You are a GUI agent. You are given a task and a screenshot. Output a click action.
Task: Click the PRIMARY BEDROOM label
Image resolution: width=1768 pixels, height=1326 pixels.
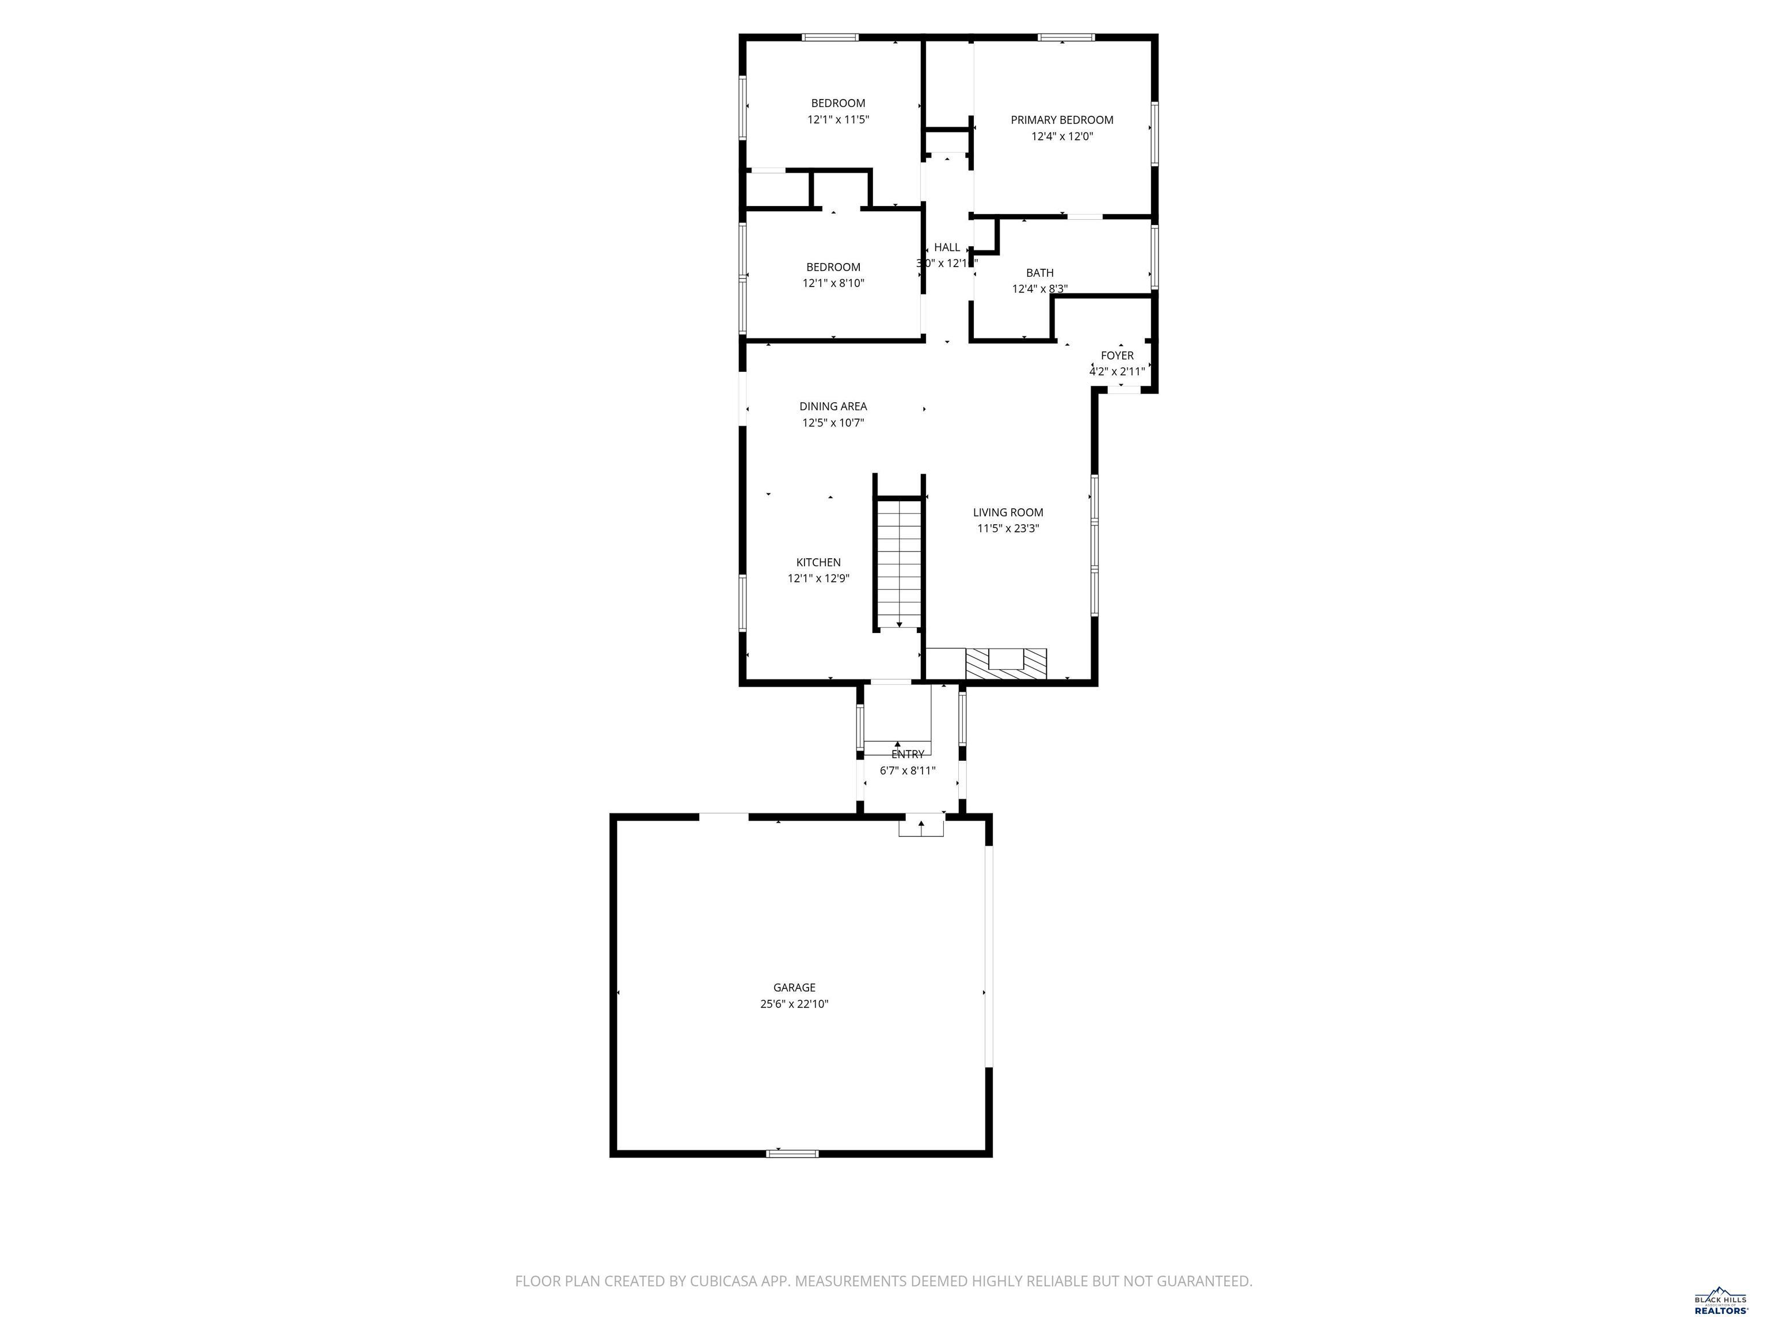(1061, 120)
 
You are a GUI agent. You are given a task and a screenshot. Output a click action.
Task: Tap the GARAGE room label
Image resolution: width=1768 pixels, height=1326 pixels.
(794, 987)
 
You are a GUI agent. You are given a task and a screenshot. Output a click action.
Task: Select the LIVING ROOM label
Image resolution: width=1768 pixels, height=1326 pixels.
(1008, 512)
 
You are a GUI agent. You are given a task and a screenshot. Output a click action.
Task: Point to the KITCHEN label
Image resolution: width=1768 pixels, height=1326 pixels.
(818, 562)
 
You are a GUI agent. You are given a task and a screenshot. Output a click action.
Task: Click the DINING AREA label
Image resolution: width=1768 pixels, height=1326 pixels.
(833, 406)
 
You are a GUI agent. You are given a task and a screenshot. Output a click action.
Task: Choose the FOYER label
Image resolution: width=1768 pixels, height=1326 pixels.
(1117, 356)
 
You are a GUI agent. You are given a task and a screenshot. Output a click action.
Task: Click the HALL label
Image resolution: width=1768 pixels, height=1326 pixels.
(947, 247)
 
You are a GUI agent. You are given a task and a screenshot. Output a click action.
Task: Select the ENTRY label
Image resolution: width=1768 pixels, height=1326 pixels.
(907, 754)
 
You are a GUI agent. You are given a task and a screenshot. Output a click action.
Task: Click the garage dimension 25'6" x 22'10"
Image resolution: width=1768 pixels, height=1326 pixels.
(794, 1004)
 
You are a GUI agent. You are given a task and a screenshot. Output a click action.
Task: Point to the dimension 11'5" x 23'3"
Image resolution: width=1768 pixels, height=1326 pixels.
(1008, 528)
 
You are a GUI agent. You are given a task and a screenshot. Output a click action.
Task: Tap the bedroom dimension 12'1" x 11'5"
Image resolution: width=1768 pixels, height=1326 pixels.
(837, 120)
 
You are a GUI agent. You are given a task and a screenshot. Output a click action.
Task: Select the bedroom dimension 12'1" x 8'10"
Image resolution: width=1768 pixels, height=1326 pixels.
(833, 283)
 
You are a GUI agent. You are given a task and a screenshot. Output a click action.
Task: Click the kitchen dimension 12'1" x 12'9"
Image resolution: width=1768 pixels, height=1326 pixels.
(818, 578)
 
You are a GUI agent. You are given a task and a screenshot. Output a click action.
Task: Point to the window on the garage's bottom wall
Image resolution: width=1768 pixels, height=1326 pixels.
(792, 1153)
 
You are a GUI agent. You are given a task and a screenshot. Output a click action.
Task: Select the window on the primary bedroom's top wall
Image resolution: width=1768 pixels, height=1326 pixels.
(1066, 37)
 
